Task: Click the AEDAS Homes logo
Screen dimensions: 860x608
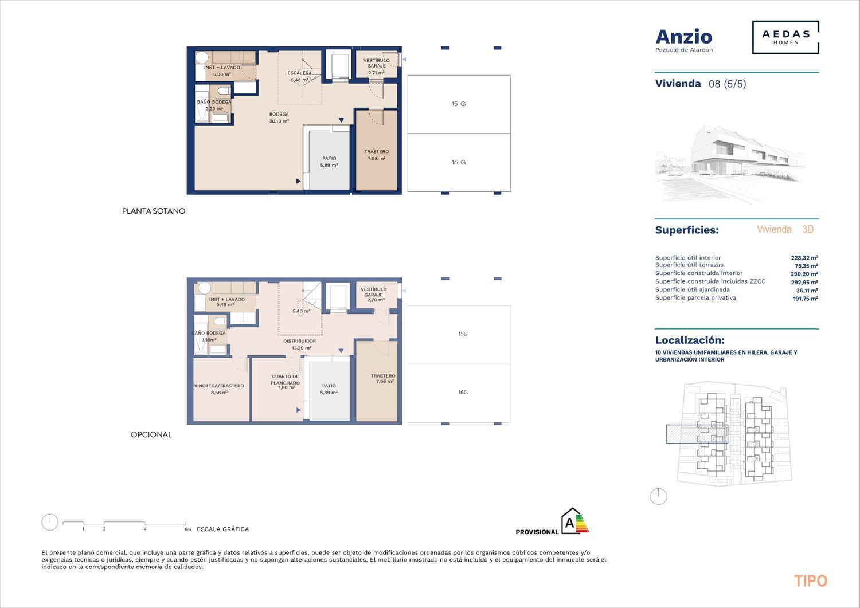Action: click(x=785, y=37)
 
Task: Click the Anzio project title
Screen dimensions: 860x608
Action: click(x=684, y=37)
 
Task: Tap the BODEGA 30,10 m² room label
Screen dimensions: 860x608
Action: click(x=279, y=117)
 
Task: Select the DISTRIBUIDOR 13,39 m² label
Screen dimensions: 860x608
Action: click(x=300, y=344)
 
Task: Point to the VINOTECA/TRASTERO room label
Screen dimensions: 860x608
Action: click(x=219, y=389)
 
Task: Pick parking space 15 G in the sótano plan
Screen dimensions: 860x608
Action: click(x=459, y=104)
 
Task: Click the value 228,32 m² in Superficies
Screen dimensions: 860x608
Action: click(x=804, y=258)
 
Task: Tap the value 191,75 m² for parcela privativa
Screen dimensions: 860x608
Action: click(x=806, y=299)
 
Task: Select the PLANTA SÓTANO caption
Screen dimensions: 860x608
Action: click(x=154, y=211)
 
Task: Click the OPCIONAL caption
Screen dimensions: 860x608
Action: click(x=151, y=434)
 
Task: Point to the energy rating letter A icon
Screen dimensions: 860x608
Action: click(x=574, y=521)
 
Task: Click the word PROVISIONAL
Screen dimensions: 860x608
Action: click(x=537, y=532)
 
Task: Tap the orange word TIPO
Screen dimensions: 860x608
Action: click(x=811, y=581)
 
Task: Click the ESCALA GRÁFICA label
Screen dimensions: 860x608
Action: click(x=222, y=529)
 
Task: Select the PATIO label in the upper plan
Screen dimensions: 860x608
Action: click(x=329, y=162)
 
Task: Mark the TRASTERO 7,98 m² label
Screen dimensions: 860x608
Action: click(x=376, y=155)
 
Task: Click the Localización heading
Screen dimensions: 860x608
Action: click(x=690, y=340)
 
